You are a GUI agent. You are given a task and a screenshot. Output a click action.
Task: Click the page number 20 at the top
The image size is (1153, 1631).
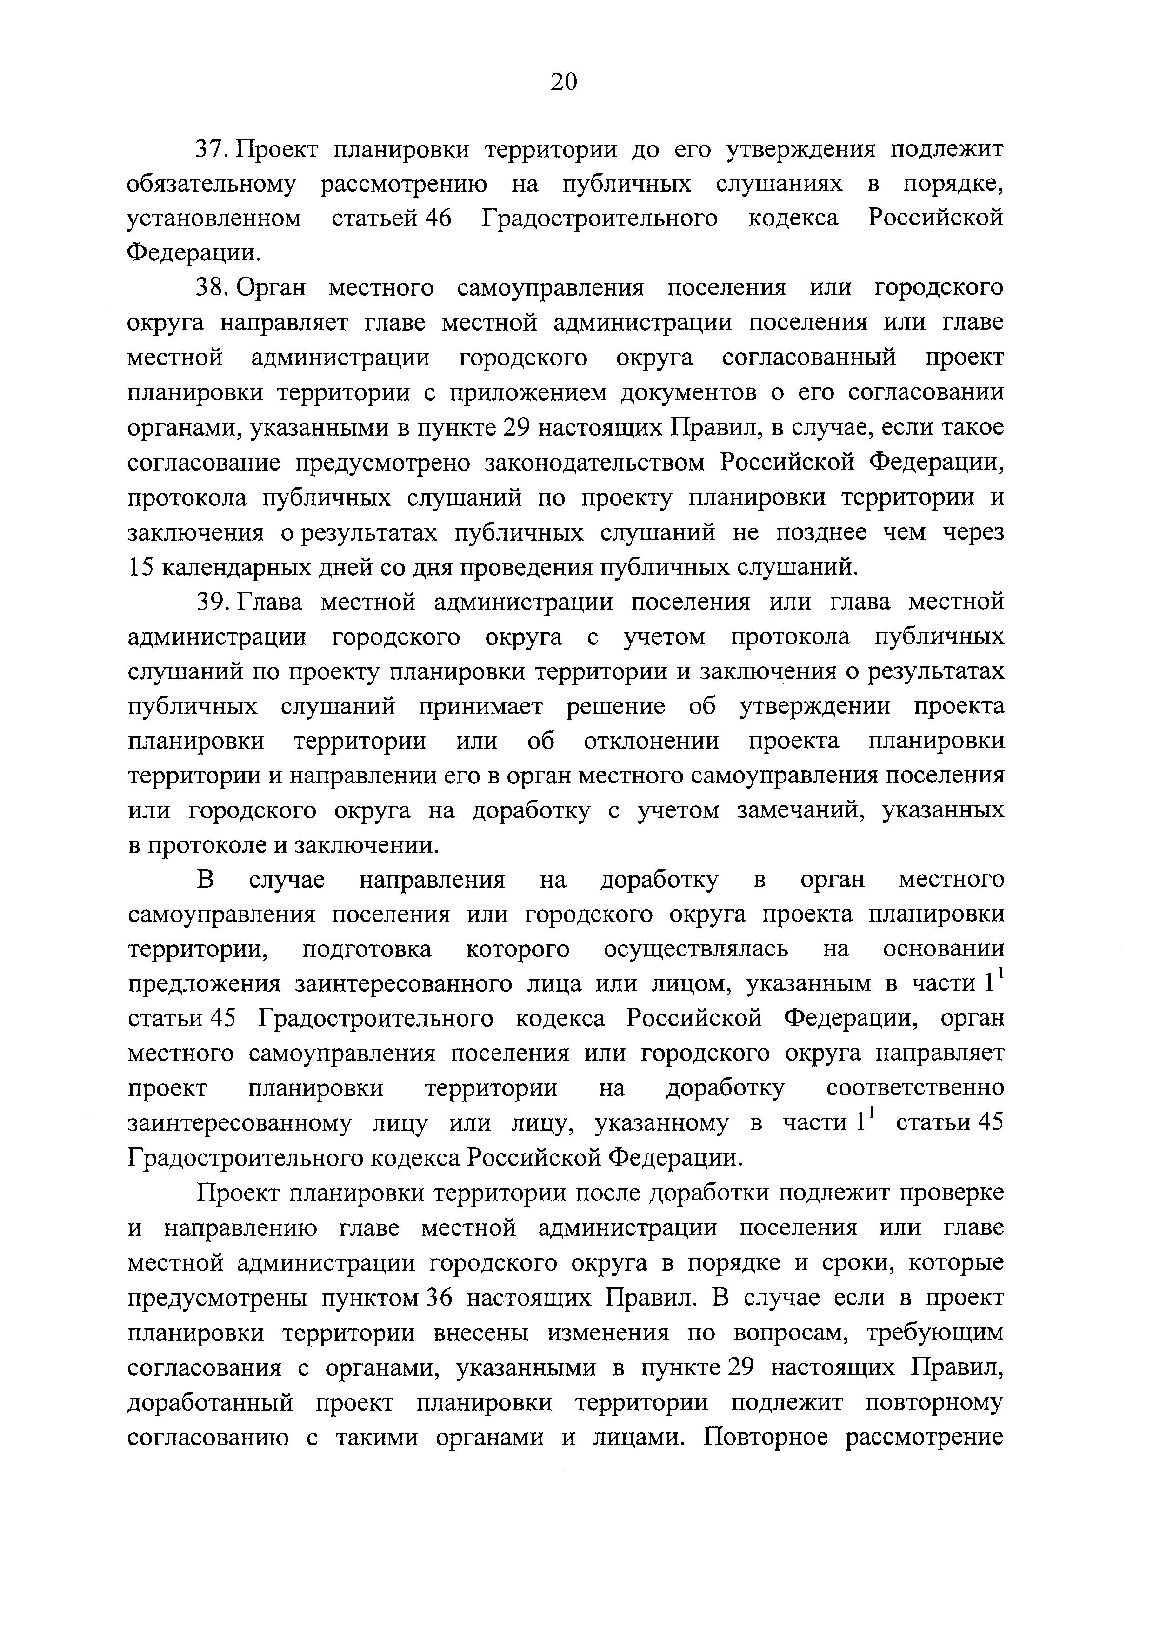tap(564, 82)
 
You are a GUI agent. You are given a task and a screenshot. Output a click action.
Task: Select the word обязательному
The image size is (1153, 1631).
tap(210, 185)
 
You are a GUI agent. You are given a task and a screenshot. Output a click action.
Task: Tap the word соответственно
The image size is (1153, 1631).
tap(915, 1089)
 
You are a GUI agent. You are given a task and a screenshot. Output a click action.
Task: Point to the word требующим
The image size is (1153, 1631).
tap(935, 1333)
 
